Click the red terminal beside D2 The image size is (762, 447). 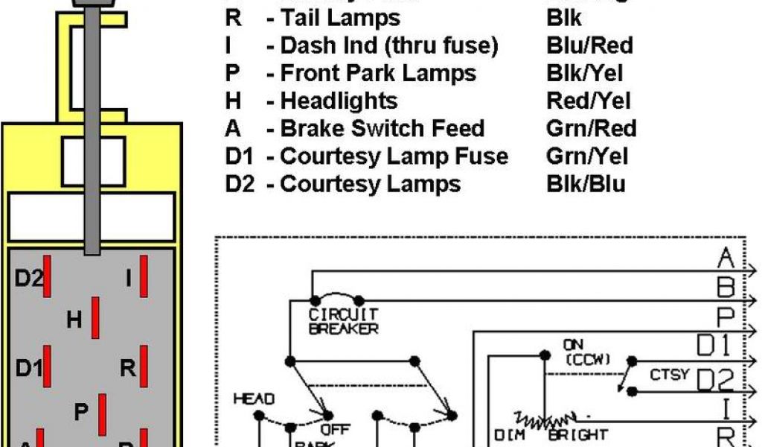47,276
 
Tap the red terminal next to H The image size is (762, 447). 96,317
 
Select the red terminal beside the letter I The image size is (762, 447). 144,276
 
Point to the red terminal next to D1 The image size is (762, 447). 47,366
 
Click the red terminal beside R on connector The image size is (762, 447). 144,366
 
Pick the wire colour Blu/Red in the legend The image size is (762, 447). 589,45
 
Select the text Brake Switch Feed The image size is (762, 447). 382,128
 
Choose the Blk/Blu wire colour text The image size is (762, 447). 586,183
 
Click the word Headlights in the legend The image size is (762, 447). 339,101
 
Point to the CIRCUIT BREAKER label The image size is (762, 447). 343,322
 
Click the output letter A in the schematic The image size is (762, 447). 726,259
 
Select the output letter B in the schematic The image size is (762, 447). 726,287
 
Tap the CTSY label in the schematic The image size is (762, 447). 669,374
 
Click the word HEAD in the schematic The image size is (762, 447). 254,399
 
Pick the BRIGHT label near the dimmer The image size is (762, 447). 577,434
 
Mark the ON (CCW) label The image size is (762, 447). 585,352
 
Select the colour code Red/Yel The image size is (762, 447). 588,101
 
